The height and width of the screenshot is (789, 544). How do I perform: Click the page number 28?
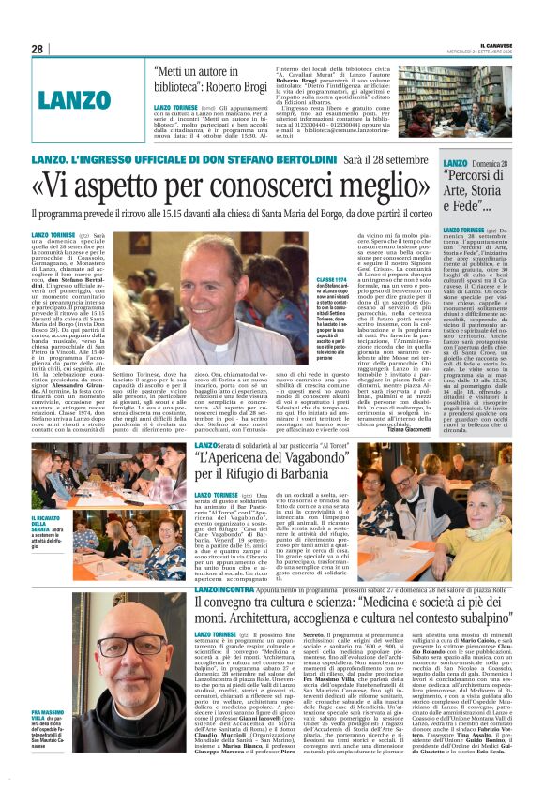click(x=37, y=48)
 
